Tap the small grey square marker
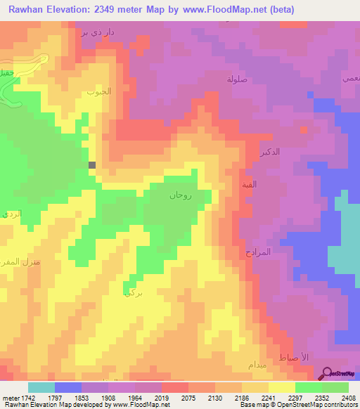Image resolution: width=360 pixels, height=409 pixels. point(92,165)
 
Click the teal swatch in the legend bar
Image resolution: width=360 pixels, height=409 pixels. point(41,387)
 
